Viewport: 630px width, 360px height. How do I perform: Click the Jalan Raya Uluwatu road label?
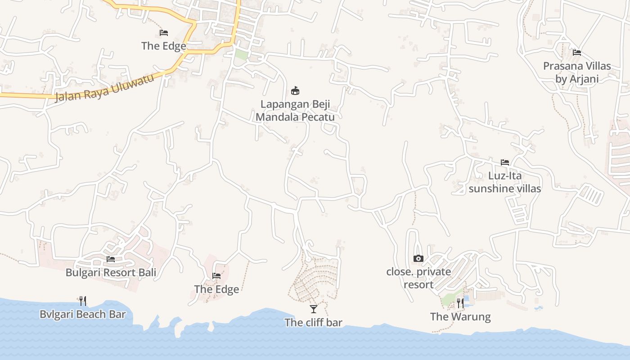click(104, 88)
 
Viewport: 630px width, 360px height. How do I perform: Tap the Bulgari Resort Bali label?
click(111, 272)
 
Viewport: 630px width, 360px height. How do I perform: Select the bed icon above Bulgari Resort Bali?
click(111, 259)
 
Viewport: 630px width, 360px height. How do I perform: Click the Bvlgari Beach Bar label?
click(83, 314)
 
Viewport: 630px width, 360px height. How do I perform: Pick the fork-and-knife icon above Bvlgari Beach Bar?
click(83, 301)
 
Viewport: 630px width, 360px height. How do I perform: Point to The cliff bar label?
click(313, 322)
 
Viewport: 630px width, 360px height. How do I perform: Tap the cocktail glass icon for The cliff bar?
click(314, 309)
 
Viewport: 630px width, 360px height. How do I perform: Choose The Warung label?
click(460, 316)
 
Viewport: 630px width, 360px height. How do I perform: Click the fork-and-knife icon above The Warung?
click(460, 303)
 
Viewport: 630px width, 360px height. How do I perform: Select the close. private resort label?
click(418, 278)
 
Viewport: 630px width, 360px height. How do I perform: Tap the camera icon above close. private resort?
click(418, 258)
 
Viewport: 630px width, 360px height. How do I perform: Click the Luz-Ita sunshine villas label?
click(505, 182)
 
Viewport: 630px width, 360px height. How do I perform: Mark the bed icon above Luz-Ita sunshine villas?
click(505, 162)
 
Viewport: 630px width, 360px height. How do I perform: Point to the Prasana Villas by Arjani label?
click(577, 72)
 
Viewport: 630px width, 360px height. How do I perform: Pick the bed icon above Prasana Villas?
click(577, 53)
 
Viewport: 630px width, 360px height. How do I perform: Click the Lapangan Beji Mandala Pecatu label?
click(295, 110)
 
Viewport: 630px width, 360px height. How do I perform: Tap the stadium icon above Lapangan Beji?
click(295, 91)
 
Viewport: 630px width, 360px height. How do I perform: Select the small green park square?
click(241, 54)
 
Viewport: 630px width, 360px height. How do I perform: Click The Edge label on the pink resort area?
click(216, 289)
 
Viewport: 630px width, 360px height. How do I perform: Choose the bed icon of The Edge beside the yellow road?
click(164, 33)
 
